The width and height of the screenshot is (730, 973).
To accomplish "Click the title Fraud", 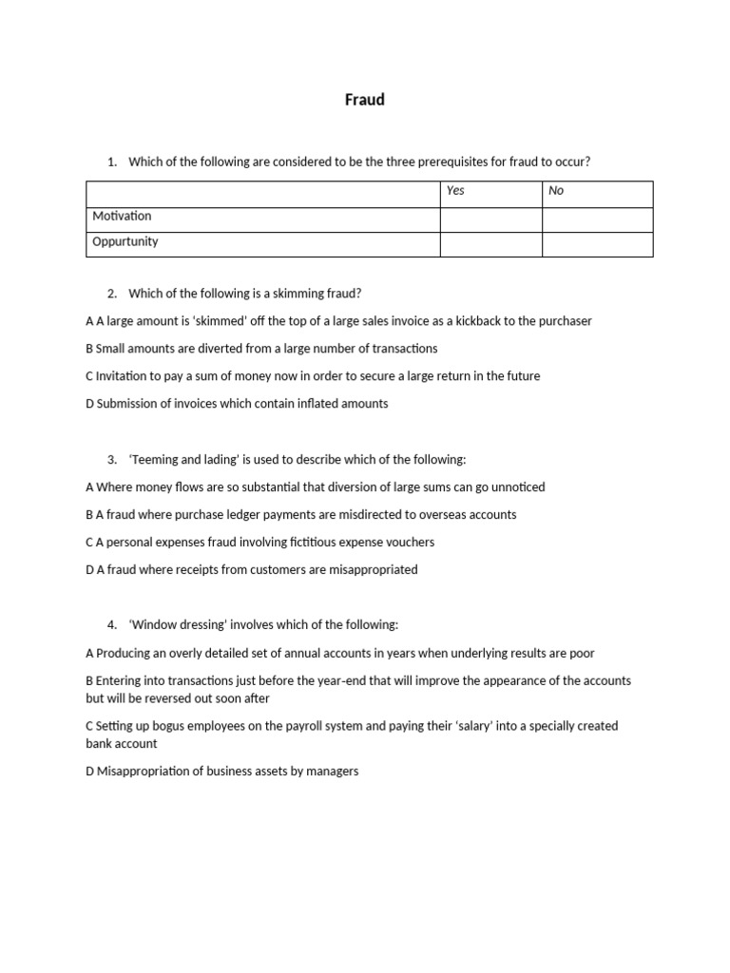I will click(x=365, y=100).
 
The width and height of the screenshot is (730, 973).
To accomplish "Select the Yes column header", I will click(x=455, y=191).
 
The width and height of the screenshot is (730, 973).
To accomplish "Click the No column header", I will click(x=556, y=191).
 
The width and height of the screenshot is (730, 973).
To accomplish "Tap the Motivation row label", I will click(x=122, y=217).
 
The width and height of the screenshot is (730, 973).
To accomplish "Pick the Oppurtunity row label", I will click(x=125, y=242).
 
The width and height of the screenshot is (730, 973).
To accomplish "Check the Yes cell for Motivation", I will click(x=490, y=219).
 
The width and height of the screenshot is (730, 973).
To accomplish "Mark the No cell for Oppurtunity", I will click(x=597, y=244).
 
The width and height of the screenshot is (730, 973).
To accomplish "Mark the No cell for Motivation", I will click(x=597, y=219).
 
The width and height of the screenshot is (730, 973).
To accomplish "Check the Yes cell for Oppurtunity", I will click(x=490, y=244).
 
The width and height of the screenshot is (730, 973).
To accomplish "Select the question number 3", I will click(x=112, y=460).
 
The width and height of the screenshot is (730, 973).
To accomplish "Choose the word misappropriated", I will click(x=373, y=570).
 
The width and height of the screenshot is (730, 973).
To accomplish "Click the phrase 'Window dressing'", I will click(x=175, y=625).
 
